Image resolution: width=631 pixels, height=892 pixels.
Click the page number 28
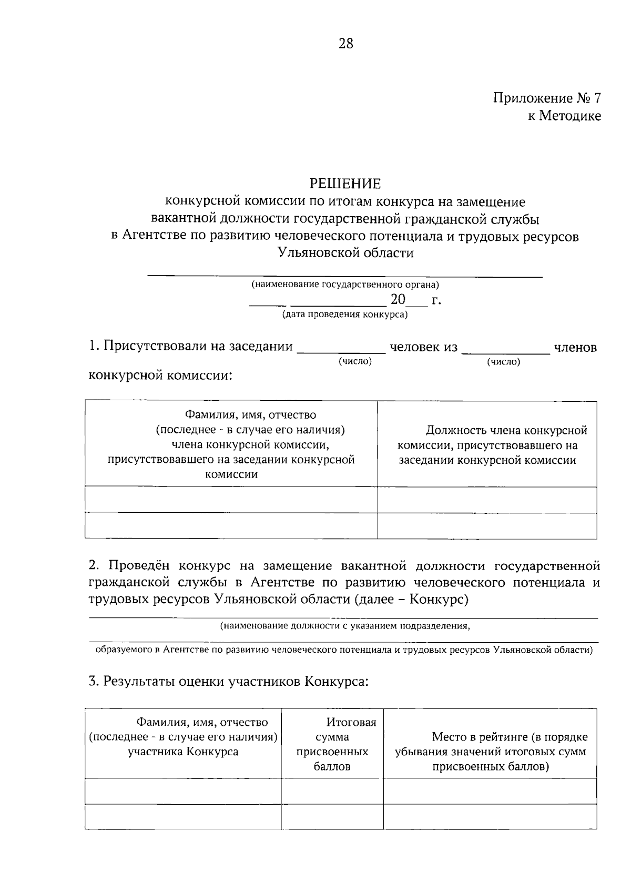click(x=346, y=44)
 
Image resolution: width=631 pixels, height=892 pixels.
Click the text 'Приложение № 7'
click(x=546, y=98)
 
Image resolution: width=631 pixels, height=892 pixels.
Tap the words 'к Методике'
click(x=564, y=116)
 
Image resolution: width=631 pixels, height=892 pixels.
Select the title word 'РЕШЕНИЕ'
click(x=345, y=184)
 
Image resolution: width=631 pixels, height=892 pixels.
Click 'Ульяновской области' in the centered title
click(x=345, y=253)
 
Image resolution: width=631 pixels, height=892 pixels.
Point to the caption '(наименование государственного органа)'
click(x=345, y=285)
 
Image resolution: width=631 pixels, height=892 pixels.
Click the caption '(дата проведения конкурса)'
click(x=345, y=315)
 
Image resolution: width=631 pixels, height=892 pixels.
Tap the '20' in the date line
click(x=398, y=300)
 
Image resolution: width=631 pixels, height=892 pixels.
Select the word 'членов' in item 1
click(x=575, y=348)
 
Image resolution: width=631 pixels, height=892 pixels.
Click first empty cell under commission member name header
click(x=231, y=500)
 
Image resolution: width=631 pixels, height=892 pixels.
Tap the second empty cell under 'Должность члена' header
click(x=487, y=525)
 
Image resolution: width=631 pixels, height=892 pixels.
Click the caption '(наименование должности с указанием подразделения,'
click(x=345, y=626)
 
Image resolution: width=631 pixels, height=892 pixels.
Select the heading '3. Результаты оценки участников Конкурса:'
click(x=229, y=682)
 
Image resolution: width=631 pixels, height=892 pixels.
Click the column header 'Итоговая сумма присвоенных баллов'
click(x=332, y=744)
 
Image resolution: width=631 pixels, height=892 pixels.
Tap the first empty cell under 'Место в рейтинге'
click(x=490, y=791)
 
